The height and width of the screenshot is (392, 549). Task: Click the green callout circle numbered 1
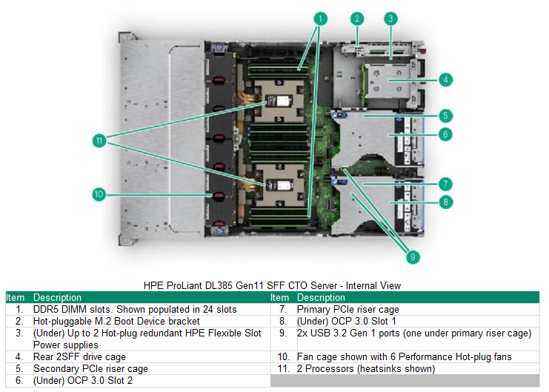click(320, 17)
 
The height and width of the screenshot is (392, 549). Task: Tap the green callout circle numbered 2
click(357, 18)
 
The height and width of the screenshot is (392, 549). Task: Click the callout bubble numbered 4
click(446, 79)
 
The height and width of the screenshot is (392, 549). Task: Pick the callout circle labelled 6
click(446, 134)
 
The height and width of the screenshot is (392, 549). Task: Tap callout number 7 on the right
click(446, 184)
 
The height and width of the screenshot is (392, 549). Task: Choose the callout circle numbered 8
click(446, 202)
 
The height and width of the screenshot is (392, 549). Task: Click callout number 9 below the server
click(413, 257)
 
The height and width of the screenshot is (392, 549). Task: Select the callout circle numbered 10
click(99, 195)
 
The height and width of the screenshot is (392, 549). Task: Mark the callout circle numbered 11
click(99, 139)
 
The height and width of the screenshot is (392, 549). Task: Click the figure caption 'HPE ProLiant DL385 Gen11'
click(273, 285)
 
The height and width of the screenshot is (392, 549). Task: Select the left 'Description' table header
click(57, 297)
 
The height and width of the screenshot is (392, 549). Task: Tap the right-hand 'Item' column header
click(279, 297)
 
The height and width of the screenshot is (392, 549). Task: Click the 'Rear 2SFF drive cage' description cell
click(79, 357)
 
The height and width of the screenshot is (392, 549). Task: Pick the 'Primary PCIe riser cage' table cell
click(347, 310)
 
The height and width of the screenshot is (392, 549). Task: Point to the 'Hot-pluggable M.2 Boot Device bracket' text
click(116, 322)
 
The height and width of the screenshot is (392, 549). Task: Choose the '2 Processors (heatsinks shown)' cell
click(365, 369)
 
